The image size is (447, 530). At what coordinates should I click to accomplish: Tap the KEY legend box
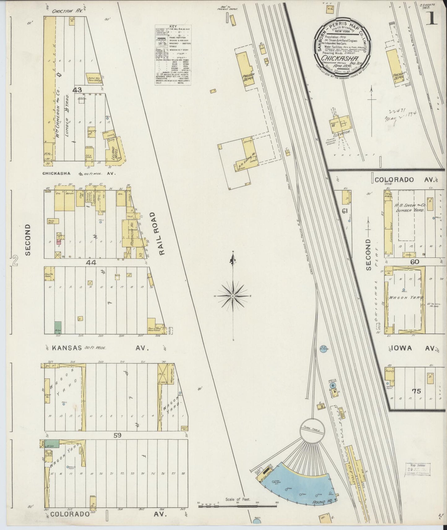tap(173, 55)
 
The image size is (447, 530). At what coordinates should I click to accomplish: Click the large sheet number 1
tap(432, 19)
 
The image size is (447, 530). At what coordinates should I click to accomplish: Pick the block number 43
tap(77, 90)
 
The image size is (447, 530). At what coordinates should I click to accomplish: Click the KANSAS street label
tap(67, 348)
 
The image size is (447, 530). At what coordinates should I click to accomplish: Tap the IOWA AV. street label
tap(413, 348)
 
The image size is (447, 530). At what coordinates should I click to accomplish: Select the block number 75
tap(416, 391)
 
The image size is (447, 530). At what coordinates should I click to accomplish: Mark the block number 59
tap(117, 435)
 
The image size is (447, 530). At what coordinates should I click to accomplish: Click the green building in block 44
tap(58, 327)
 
